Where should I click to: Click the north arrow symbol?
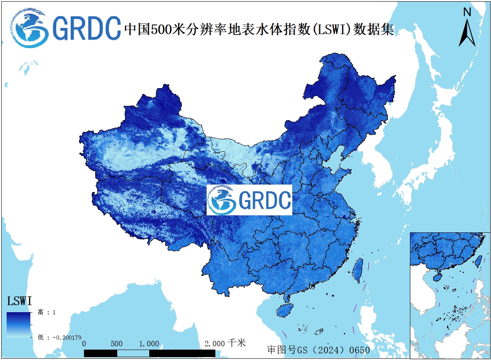pos(467,33)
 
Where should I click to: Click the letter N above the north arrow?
pos(467,12)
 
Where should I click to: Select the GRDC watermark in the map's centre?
pos(249,200)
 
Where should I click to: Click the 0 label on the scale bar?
pos(84,344)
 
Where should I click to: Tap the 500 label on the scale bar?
pos(117,344)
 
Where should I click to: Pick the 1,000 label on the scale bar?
pos(149,344)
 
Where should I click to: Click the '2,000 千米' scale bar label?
pos(225,343)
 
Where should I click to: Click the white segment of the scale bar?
pos(133,353)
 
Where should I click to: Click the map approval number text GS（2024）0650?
pos(318,350)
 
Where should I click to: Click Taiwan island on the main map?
pos(357,270)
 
